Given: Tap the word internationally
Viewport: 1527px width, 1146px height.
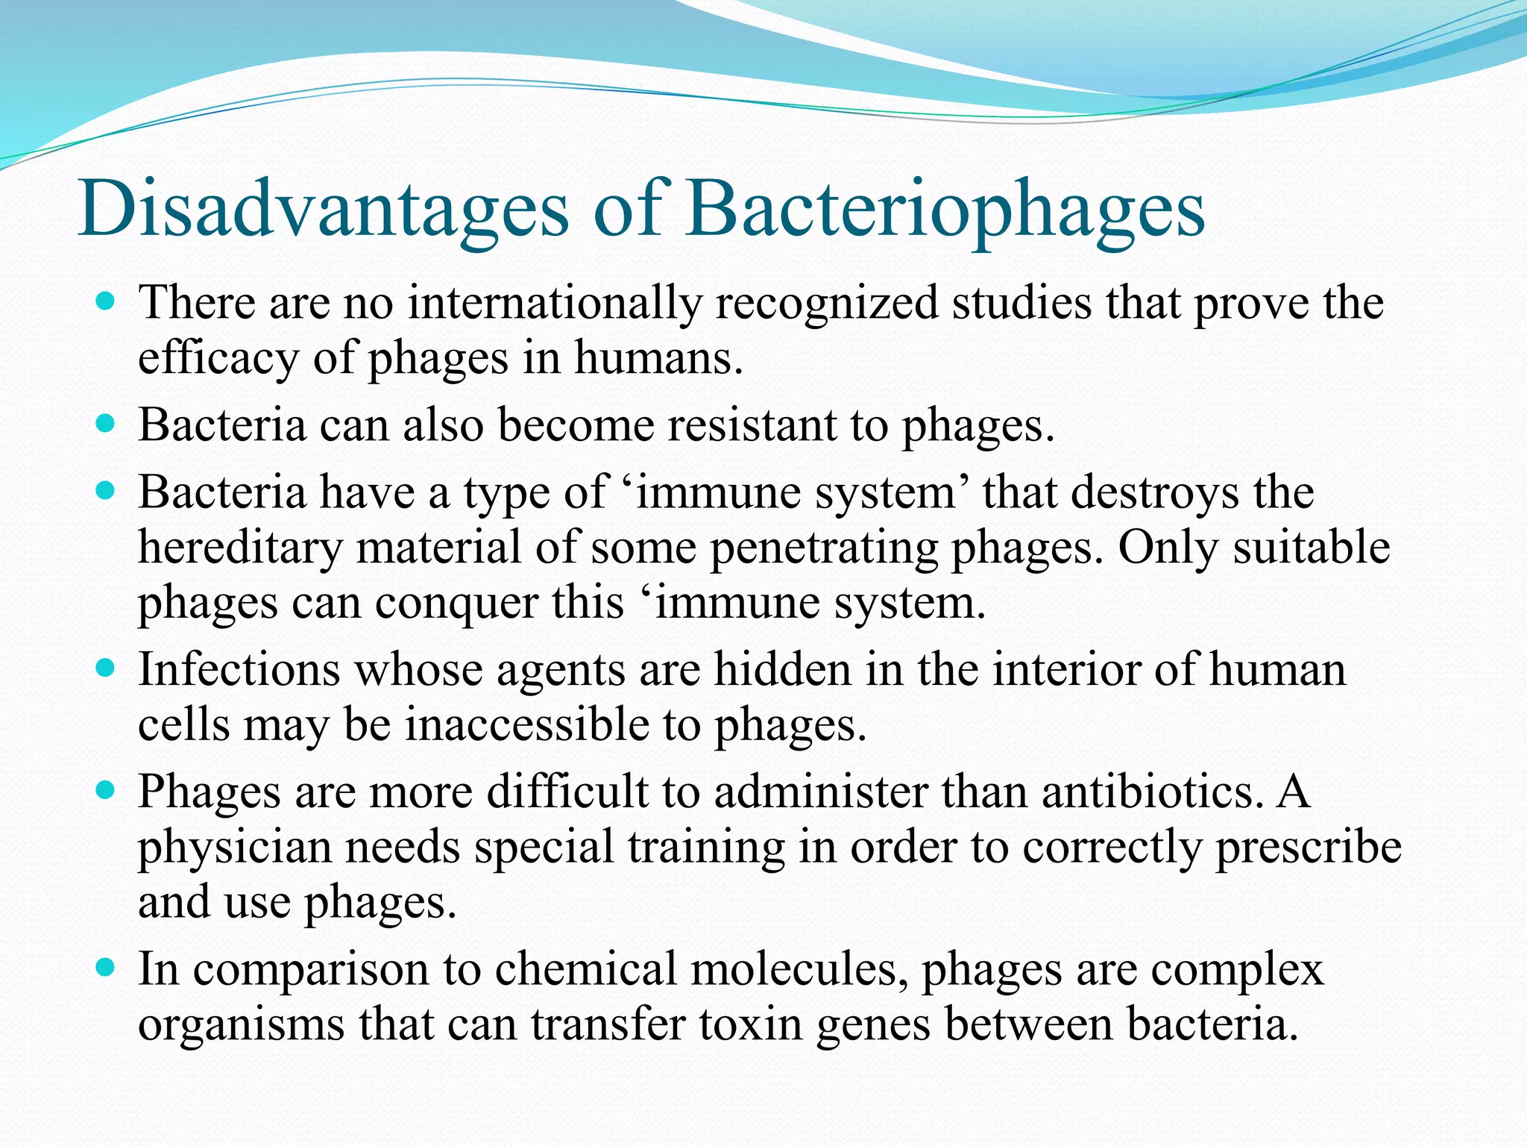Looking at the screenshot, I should (555, 304).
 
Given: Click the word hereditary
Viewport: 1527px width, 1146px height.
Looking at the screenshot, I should (240, 548).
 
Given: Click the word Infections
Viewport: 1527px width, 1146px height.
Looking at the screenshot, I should (239, 669).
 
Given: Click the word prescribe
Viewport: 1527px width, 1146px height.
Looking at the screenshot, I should (1309, 848).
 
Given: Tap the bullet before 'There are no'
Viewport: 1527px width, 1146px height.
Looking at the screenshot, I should (107, 302).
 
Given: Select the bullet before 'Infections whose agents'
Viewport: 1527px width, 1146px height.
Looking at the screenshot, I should (107, 668).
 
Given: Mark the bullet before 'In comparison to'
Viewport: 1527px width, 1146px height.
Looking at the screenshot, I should (107, 968).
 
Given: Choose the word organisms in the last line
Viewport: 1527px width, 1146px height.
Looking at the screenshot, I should (241, 1024).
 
